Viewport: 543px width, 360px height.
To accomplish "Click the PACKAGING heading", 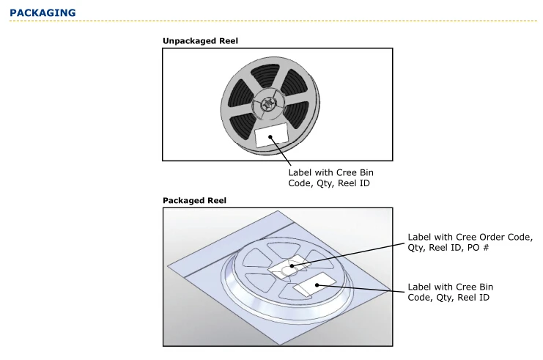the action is coord(43,12).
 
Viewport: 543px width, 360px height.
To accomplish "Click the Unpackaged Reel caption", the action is coord(200,41).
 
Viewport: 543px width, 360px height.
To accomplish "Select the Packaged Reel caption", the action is coord(194,200).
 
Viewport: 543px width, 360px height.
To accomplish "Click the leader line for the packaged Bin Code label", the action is coord(363,289).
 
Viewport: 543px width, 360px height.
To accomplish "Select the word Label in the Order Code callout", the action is coord(421,237).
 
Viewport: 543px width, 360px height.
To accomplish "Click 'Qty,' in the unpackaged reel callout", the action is coord(323,183).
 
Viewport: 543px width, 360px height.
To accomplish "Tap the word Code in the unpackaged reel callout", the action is coord(302,183).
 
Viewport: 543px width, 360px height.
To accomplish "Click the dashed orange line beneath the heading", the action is coord(271,21).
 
